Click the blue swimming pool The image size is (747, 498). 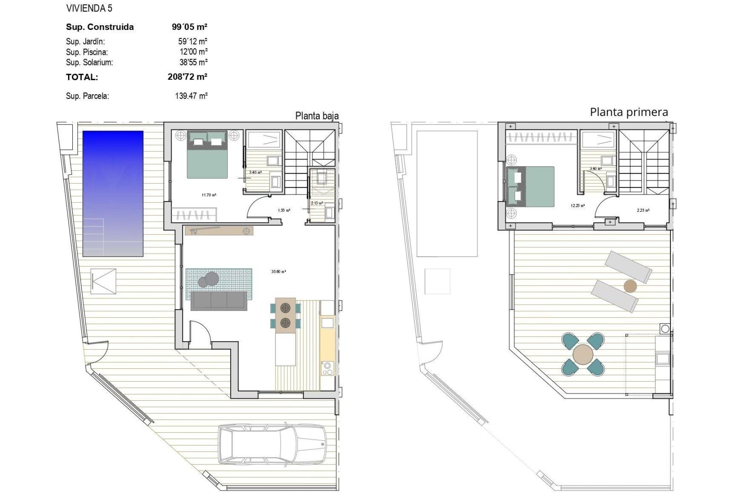pos(113,194)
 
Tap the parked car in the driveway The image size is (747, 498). pos(272,444)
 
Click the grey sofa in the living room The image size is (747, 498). pos(219,301)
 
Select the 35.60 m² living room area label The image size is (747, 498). pos(279,272)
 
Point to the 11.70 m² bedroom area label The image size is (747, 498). pos(209,195)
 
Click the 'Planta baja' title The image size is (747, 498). pos(317,116)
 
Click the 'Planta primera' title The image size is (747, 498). pos(629,112)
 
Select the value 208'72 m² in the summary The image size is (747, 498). pos(187,77)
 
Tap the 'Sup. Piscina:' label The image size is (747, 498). pos(87,52)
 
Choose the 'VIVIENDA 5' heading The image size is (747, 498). pos(89,8)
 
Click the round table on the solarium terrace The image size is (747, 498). pos(583,354)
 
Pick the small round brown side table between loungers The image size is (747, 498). pos(630,286)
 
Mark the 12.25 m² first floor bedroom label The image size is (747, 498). pos(578,205)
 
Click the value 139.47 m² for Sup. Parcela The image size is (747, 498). pos(191,96)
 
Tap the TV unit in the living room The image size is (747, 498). pos(219,231)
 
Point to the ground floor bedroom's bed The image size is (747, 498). pos(207,154)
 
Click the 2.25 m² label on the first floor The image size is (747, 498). pos(643,210)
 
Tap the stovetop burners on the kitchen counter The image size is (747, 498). pos(327,368)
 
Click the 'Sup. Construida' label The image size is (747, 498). pos(100,27)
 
